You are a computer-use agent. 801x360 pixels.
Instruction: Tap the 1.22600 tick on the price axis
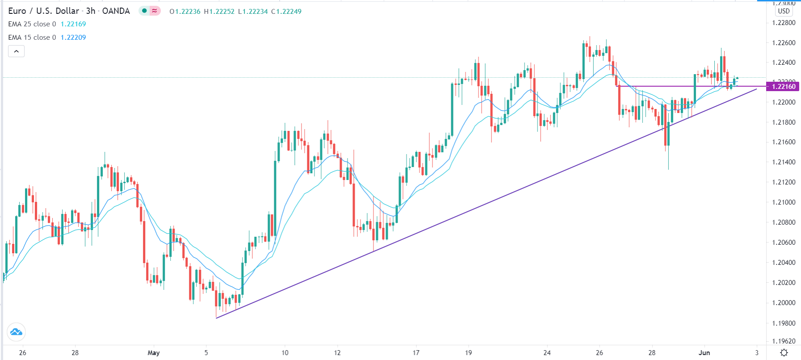click(784, 43)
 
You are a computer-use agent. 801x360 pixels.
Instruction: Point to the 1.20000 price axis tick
click(784, 303)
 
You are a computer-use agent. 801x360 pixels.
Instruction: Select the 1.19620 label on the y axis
click(784, 341)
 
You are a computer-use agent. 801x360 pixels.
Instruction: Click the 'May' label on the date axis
click(153, 353)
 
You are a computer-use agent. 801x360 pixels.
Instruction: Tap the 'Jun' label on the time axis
click(704, 353)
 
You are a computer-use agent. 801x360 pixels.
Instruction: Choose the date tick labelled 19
click(468, 353)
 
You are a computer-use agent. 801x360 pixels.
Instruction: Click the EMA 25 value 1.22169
click(73, 24)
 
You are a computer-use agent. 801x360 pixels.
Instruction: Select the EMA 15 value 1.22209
click(73, 38)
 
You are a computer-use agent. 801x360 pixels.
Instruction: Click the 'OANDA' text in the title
click(116, 11)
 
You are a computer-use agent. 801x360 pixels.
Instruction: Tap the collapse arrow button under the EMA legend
click(16, 51)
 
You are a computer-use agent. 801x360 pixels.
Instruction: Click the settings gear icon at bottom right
click(784, 353)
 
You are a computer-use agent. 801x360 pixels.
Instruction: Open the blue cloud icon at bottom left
click(16, 332)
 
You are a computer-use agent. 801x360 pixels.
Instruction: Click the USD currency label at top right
click(784, 11)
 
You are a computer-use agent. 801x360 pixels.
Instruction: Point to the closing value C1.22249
click(286, 12)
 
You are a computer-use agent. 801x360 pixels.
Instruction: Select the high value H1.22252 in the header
click(219, 12)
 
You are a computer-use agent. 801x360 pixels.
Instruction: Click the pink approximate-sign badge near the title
click(155, 11)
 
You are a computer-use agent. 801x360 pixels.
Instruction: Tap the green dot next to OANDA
click(144, 11)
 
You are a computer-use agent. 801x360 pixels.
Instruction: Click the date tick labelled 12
click(337, 353)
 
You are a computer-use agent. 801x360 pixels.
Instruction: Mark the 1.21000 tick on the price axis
click(784, 202)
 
